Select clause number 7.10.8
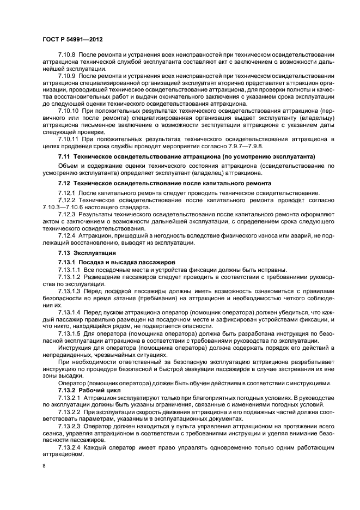[x=67, y=56]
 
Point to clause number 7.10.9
[x=67, y=77]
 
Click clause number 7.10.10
[x=69, y=111]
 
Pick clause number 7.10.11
[x=69, y=138]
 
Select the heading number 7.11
[x=64, y=157]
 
